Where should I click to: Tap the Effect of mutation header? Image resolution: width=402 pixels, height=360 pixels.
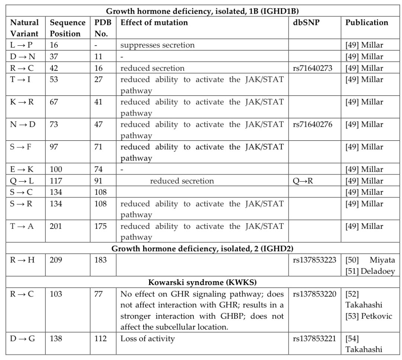click(x=154, y=22)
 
